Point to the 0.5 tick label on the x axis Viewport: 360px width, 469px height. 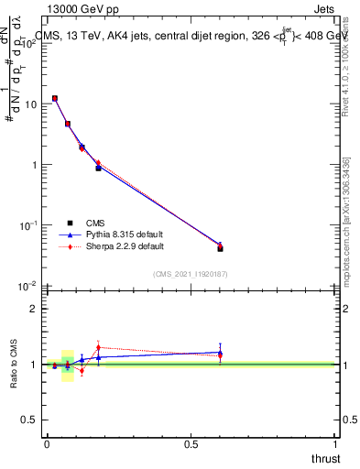191,444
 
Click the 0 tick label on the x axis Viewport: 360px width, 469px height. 47,444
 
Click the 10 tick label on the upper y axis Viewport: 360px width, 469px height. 29,104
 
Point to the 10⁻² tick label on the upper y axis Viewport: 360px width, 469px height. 27,285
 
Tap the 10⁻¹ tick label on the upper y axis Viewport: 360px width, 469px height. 27,224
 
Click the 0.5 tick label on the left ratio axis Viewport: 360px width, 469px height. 28,420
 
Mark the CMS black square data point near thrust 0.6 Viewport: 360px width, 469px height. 220,248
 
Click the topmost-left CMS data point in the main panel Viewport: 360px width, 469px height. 55,98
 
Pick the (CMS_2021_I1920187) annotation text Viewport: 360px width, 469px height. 191,273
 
